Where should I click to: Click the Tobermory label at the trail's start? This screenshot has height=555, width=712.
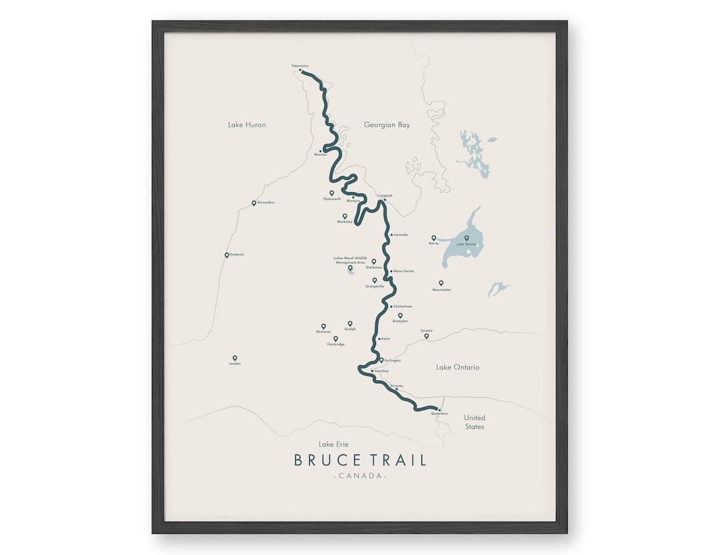point(300,66)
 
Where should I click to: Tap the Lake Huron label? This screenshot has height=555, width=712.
point(247,125)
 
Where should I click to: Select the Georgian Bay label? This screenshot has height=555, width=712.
point(387,125)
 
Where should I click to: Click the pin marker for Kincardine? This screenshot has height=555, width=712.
point(254,203)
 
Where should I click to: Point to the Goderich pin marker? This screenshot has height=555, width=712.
point(227,255)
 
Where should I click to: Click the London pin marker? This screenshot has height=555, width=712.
point(235,358)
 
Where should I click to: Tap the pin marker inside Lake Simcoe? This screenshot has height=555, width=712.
point(467,238)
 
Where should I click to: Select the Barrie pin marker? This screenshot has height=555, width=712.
point(433,238)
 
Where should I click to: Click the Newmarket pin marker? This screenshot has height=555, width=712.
point(441,283)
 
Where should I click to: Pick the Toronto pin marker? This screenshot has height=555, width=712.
point(427,336)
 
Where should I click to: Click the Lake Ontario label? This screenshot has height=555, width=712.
point(457,367)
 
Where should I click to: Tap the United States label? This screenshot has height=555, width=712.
point(474,422)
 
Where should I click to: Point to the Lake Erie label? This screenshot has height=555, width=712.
point(334,444)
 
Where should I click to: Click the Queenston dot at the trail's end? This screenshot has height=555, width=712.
point(439,410)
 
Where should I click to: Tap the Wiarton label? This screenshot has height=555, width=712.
point(320,155)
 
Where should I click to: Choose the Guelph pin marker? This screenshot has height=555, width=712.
point(350,323)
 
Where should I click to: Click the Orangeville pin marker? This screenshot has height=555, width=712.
point(375,280)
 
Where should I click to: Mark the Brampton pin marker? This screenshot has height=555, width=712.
point(400,315)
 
